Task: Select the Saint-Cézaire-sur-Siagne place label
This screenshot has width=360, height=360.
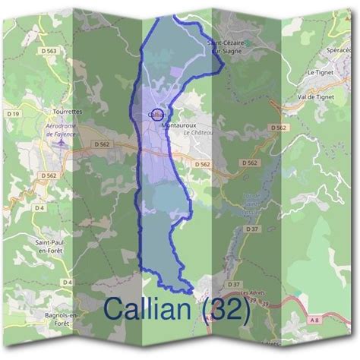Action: [x=226, y=47]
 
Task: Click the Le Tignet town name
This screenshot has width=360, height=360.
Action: [x=321, y=72]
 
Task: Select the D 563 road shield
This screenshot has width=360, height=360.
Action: [x=50, y=51]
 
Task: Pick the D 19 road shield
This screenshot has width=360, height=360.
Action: [x=13, y=114]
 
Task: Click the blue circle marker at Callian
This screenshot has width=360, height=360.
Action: [x=157, y=115]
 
